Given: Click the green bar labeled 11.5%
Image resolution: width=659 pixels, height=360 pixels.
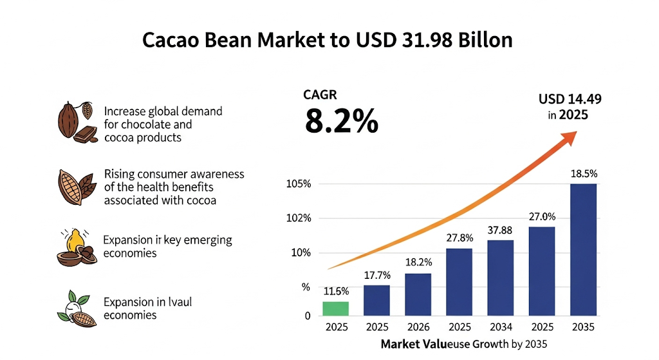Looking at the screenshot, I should (x=336, y=309).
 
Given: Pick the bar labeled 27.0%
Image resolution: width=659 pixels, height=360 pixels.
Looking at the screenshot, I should (x=541, y=271).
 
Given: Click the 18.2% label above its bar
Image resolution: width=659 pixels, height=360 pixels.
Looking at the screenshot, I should (x=418, y=262).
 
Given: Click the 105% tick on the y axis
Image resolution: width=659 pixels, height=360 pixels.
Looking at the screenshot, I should (x=298, y=184).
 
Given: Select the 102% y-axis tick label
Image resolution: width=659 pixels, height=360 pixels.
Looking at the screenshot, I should (x=298, y=218).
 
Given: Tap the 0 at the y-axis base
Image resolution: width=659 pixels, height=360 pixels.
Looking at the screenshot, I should (x=307, y=316).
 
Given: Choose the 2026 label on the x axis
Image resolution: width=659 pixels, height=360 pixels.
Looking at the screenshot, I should (x=418, y=327).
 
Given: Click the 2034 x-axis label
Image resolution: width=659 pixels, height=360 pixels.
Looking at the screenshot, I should (x=500, y=327).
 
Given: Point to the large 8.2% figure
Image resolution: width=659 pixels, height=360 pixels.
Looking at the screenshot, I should (x=341, y=120).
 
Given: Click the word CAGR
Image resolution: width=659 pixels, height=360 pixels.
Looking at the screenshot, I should (x=320, y=95).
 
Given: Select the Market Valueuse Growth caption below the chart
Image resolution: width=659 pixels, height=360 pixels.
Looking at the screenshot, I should (x=463, y=345).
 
